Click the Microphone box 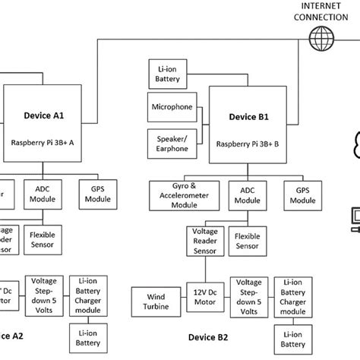tap(172, 107)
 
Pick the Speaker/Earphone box tap(172, 144)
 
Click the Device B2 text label tap(209, 336)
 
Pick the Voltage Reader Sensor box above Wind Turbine tap(205, 241)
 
